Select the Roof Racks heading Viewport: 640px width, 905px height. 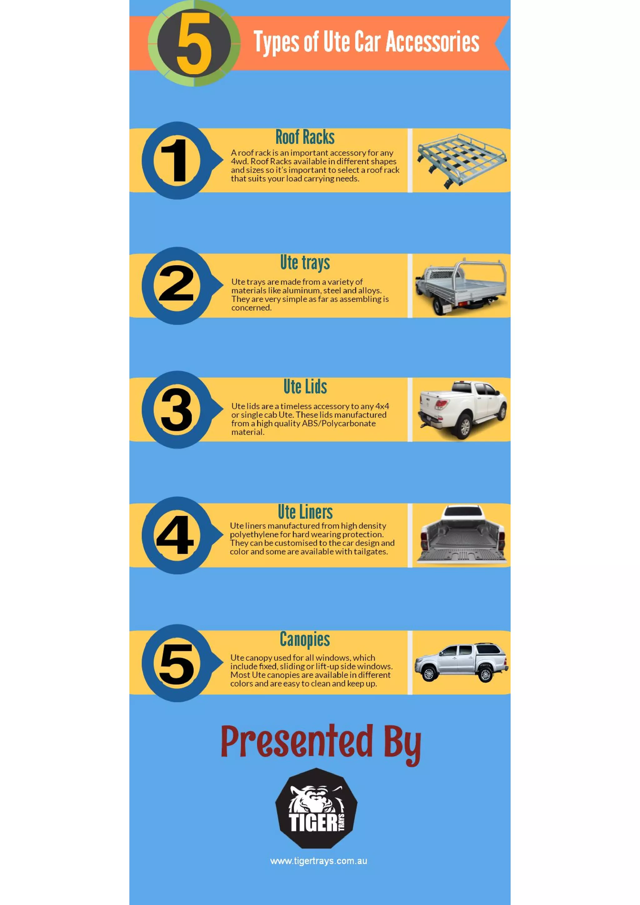click(305, 137)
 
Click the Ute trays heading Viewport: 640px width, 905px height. click(305, 262)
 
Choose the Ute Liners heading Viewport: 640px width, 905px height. click(305, 512)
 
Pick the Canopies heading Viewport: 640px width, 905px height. click(305, 639)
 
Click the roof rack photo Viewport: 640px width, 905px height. click(462, 160)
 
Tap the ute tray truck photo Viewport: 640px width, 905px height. click(461, 286)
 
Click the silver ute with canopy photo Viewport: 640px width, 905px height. click(461, 662)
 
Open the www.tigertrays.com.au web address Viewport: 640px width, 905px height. click(318, 861)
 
